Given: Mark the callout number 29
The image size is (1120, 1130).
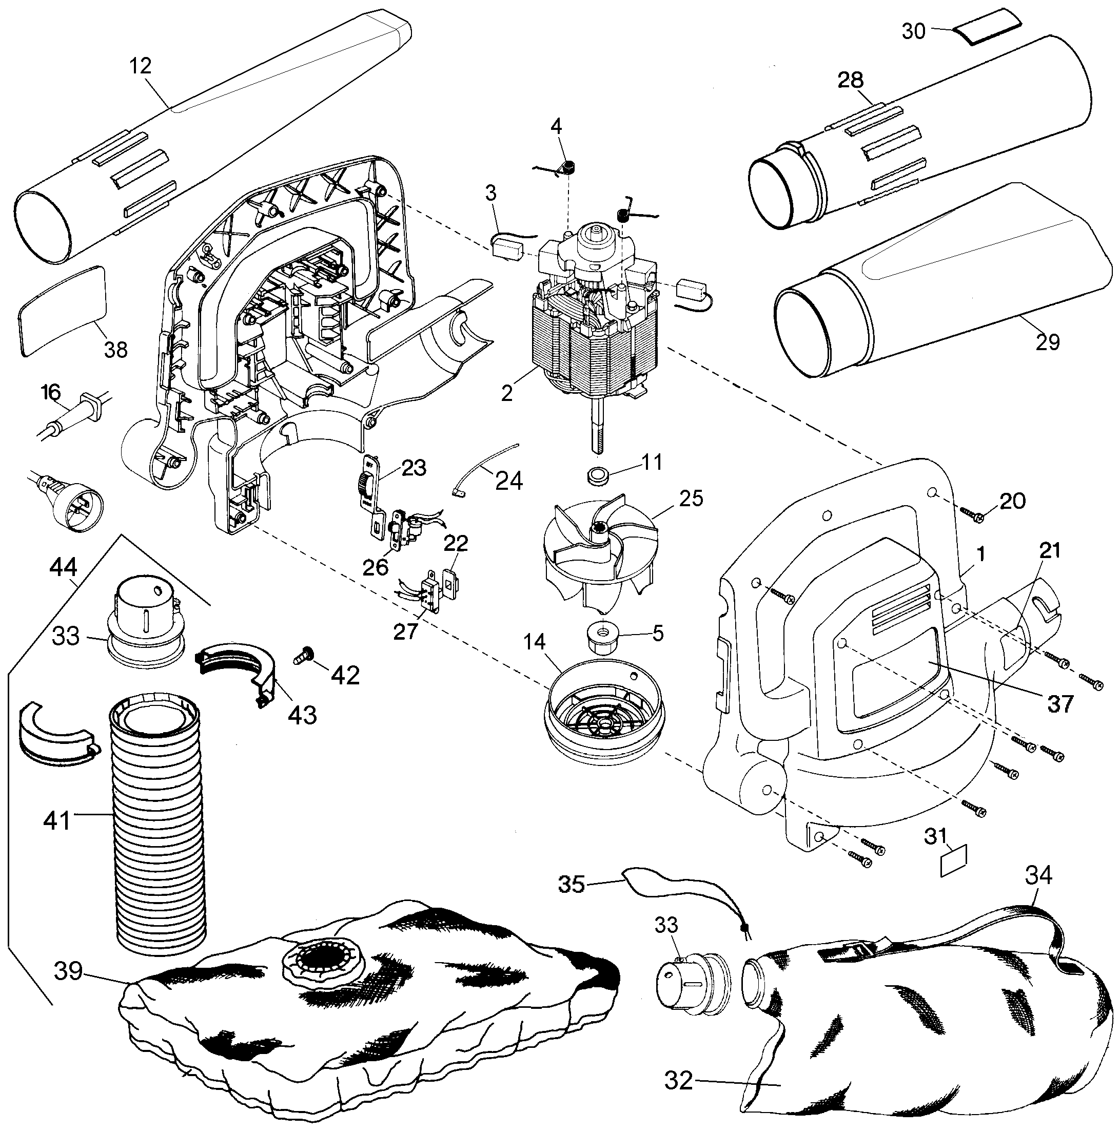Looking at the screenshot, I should coord(1047,342).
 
